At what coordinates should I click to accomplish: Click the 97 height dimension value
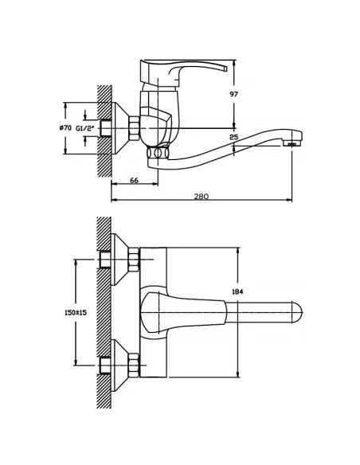pyautogui.click(x=234, y=94)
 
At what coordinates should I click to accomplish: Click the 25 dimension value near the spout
pyautogui.click(x=234, y=137)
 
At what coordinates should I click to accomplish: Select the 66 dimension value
pyautogui.click(x=134, y=180)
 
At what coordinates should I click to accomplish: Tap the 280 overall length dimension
pyautogui.click(x=202, y=197)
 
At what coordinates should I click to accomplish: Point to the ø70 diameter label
pyautogui.click(x=65, y=128)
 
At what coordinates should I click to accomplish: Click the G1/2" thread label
pyautogui.click(x=84, y=128)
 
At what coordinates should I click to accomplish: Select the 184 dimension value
pyautogui.click(x=237, y=291)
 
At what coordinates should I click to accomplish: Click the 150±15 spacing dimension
pyautogui.click(x=76, y=313)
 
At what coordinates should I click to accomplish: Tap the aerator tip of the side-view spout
pyautogui.click(x=292, y=144)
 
